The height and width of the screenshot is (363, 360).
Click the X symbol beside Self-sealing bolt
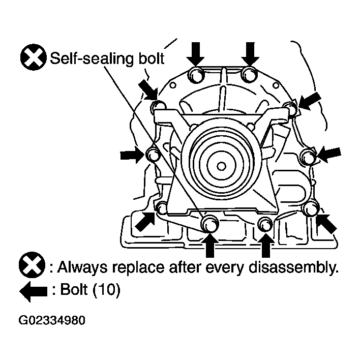coord(33,57)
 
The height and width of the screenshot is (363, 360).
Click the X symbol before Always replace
coord(32,265)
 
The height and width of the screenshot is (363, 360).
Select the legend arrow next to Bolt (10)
coord(34,291)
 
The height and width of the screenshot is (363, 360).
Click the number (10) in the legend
coord(106,290)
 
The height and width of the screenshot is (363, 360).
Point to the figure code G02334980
coord(52,320)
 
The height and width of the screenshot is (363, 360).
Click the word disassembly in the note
coord(293,268)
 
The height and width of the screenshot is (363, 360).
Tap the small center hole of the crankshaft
coord(221,166)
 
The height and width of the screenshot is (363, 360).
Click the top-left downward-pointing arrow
coord(196,54)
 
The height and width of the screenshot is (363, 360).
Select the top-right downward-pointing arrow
coord(250,54)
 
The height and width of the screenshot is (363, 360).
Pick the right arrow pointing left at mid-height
coord(329,155)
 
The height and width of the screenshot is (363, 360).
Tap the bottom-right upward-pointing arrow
coord(266,245)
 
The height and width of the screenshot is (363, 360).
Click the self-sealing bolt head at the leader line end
coord(209,223)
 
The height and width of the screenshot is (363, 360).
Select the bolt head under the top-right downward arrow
coord(249,75)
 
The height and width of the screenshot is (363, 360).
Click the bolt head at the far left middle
coord(153,154)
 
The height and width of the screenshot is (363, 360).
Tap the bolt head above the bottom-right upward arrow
coord(265,224)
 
